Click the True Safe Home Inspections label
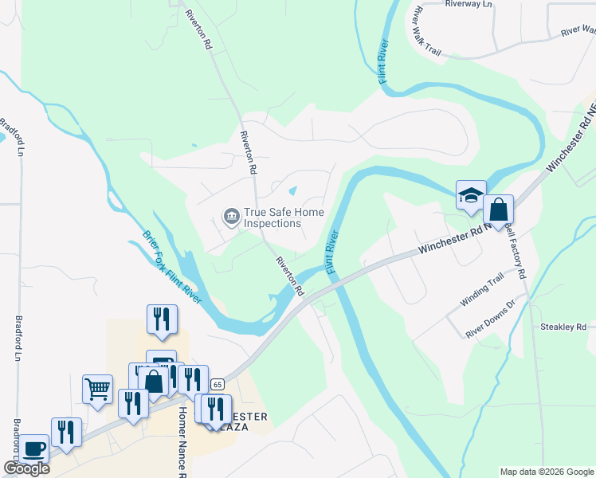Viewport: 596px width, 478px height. (273, 217)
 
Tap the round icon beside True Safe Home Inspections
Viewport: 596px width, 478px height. (231, 216)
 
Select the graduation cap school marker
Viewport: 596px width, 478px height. (471, 194)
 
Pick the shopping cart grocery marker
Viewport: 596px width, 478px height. (97, 389)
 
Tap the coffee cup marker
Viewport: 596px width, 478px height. (33, 448)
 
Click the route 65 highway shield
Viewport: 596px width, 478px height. (217, 384)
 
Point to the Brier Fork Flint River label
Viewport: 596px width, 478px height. (172, 267)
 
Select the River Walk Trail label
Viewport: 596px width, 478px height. (426, 32)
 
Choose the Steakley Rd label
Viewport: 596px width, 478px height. (563, 327)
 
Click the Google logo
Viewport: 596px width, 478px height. (25, 468)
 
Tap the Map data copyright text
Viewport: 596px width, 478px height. (547, 472)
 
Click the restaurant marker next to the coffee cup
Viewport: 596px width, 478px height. (66, 432)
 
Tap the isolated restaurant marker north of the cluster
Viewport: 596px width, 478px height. (162, 319)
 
